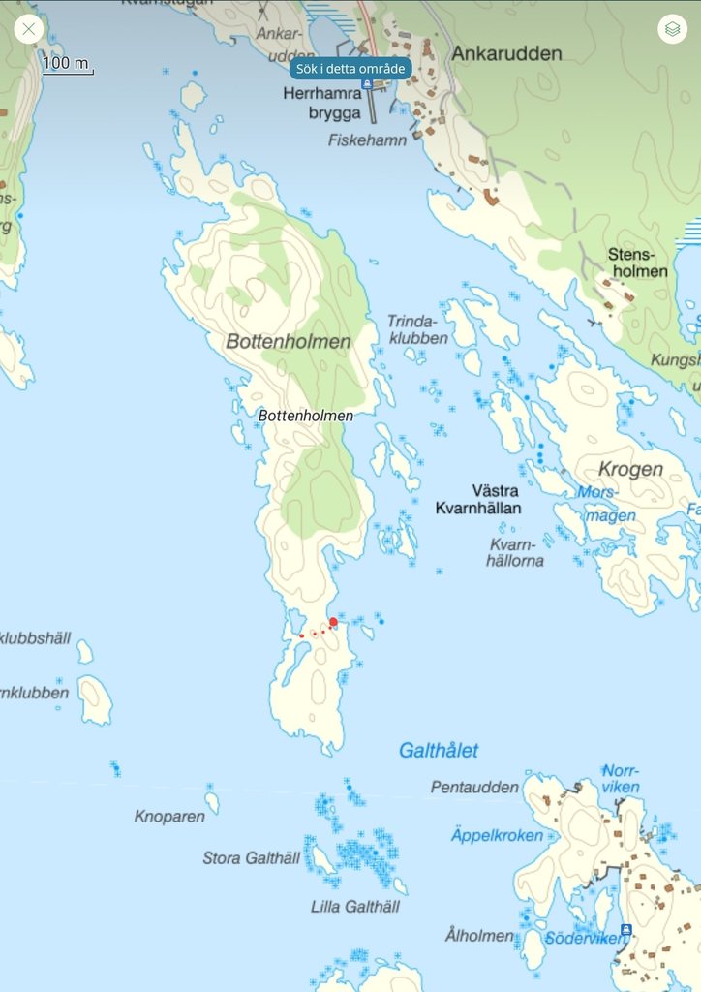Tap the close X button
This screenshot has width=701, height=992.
pos(29,28)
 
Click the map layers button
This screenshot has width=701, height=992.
pos(672,29)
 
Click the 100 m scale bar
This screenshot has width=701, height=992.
pos(67,65)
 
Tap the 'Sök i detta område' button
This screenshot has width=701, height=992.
pos(350,69)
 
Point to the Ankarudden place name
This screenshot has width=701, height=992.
pos(506,54)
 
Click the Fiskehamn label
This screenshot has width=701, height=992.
pos(367,140)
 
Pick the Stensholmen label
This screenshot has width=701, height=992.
pos(637,263)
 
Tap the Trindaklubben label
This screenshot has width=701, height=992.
pos(417,329)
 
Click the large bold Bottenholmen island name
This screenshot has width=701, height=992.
pos(288,342)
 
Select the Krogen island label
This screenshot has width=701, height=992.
pos(630,470)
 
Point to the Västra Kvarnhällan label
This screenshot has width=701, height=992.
pos(478,499)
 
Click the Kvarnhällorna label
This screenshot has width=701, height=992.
pos(516,552)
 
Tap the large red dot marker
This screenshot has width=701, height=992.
pos(333,622)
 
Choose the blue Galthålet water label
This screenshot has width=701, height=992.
pos(439,751)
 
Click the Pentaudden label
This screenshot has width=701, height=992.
pos(474,788)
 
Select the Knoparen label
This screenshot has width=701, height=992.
pos(169,817)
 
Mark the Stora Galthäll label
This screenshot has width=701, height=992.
pos(251,858)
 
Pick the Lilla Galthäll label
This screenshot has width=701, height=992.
pos(355,907)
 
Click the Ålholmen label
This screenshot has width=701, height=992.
pos(479,936)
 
